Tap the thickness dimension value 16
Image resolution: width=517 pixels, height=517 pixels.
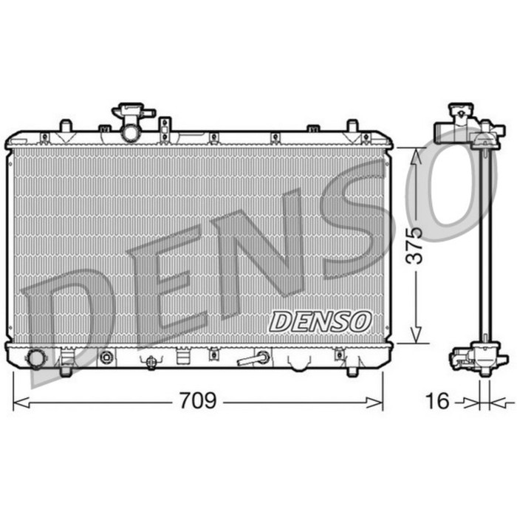[438, 401]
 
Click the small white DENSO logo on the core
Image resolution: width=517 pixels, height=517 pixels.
[319, 321]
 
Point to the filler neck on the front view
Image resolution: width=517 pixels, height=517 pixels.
[131, 122]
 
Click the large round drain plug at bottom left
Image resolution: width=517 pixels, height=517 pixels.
[35, 359]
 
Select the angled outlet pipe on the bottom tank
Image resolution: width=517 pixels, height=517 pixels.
[253, 359]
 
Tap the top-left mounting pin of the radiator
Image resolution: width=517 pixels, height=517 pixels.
[65, 126]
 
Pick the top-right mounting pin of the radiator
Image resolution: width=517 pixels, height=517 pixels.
[353, 126]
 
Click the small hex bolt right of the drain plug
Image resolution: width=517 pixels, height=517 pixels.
[106, 358]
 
